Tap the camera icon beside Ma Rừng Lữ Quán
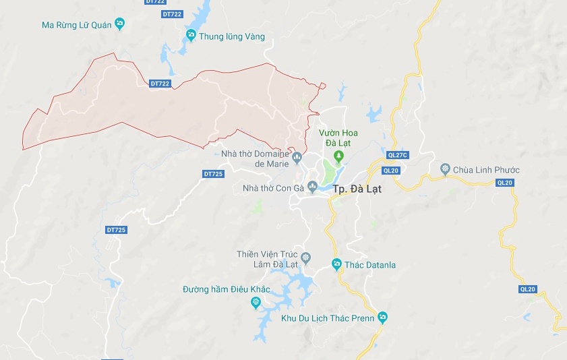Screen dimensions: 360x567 click(120, 25)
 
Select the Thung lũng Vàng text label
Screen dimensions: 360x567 click(231, 36)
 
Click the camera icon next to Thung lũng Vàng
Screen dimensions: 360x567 click(191, 36)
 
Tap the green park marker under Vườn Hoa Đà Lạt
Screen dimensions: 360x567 click(338, 156)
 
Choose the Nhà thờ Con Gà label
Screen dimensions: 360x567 click(272, 187)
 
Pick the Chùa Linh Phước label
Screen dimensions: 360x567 click(486, 169)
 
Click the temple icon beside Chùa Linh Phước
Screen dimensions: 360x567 click(445, 169)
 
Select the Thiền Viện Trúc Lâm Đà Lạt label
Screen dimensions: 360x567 click(267, 259)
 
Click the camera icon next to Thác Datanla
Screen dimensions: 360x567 click(336, 264)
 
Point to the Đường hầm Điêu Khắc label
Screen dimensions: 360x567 click(226, 289)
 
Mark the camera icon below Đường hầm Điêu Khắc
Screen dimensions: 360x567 click(256, 303)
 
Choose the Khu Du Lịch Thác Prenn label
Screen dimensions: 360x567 click(328, 317)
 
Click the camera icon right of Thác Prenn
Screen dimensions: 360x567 click(383, 317)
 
